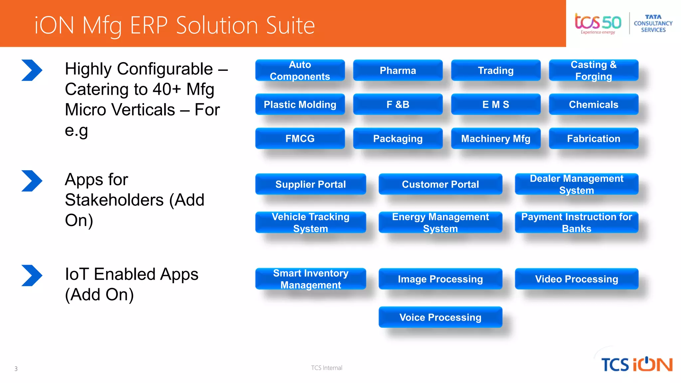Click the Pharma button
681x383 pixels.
point(398,70)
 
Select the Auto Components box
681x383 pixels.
point(300,70)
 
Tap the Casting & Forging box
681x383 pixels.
point(594,70)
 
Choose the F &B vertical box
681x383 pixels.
point(398,104)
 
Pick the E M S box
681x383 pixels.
point(495,104)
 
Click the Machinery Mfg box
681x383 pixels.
point(495,139)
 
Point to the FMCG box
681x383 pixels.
point(300,139)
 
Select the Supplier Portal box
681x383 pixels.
point(311,184)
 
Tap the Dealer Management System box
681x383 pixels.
point(576,184)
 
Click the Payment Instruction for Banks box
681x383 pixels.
point(576,222)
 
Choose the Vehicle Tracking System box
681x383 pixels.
point(311,222)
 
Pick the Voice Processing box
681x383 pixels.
point(440,317)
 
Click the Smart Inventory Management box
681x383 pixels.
point(311,279)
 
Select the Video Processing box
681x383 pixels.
point(576,279)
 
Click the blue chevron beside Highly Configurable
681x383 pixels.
point(32,70)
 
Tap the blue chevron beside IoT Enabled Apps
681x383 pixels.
point(32,275)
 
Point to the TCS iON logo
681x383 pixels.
point(636,364)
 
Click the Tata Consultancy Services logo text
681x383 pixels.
point(653,23)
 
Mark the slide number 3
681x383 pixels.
point(16,369)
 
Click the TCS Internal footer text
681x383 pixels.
point(327,368)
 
